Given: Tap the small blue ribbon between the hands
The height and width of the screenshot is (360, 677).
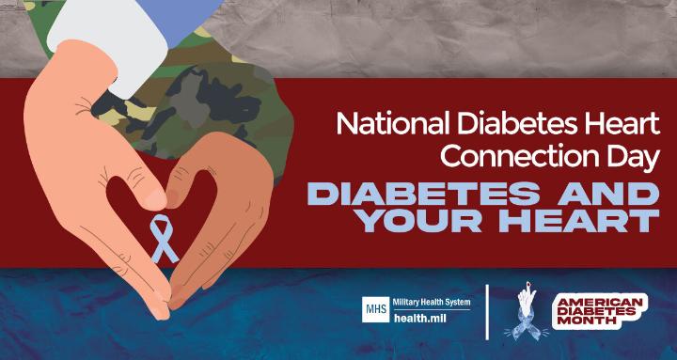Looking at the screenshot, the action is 164,238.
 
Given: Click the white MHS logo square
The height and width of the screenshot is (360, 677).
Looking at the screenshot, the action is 375,309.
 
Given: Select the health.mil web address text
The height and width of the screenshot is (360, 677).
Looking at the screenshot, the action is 415,319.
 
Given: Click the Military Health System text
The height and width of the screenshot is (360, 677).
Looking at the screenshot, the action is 432,302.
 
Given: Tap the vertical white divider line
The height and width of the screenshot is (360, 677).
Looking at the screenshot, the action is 488,312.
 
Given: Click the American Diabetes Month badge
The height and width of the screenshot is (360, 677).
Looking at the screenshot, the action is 600,312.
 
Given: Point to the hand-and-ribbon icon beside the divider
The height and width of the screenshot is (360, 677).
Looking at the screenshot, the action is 526,311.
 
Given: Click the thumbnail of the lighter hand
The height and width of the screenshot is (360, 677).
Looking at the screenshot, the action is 156,200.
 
